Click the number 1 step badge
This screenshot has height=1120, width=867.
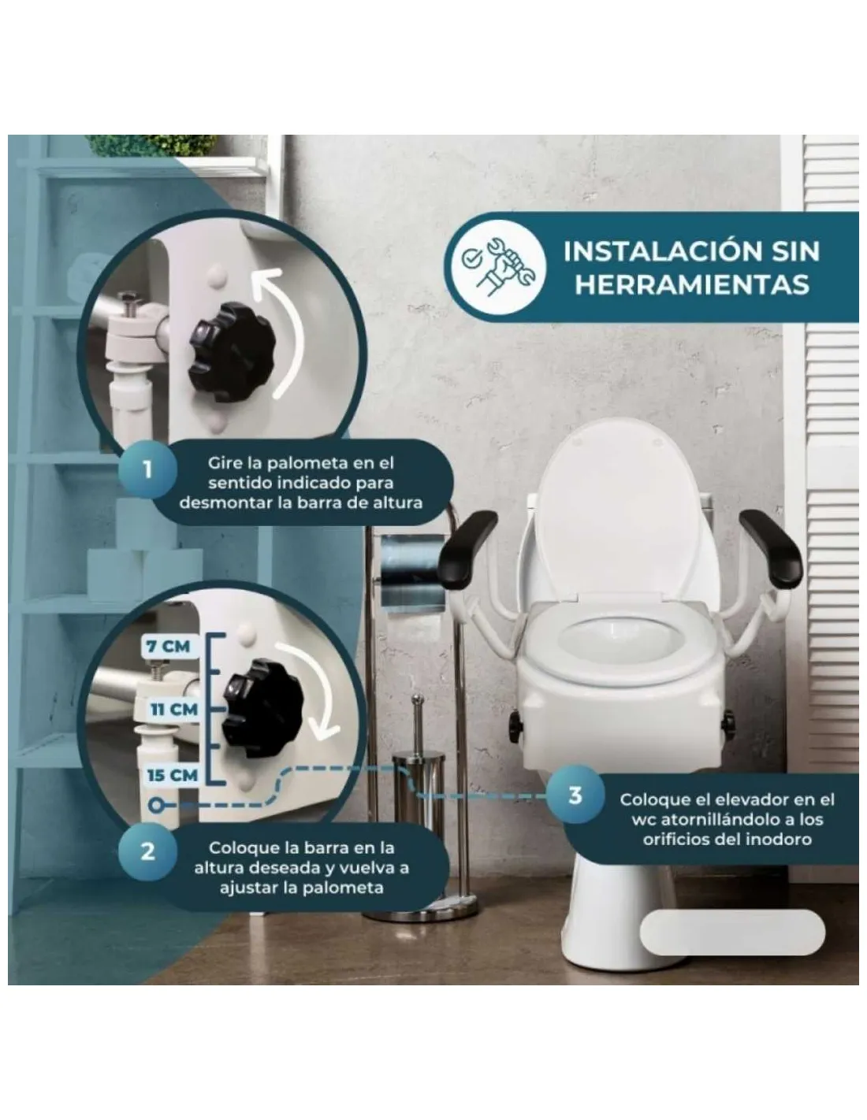pyautogui.click(x=147, y=469)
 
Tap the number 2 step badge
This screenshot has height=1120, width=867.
pyautogui.click(x=147, y=851)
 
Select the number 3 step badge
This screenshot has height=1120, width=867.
pyautogui.click(x=575, y=795)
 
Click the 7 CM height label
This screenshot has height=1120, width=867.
pyautogui.click(x=168, y=647)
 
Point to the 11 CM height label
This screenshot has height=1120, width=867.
pyautogui.click(x=174, y=710)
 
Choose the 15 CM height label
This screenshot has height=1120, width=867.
pyautogui.click(x=173, y=775)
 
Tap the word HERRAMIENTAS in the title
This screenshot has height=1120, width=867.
pyautogui.click(x=692, y=284)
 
